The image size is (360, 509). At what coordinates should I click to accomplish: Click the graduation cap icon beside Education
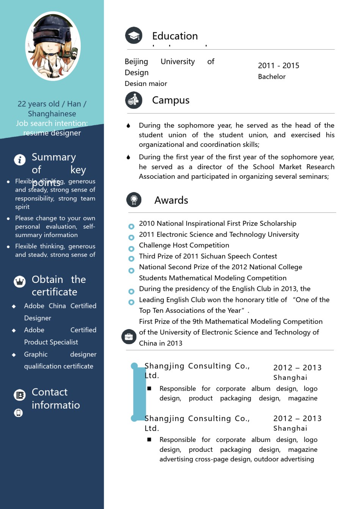coord(134,36)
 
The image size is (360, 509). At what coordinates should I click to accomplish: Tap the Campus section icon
coord(134,100)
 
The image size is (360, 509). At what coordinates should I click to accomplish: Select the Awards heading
coord(171,200)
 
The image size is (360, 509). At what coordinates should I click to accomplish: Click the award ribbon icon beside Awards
coord(134,200)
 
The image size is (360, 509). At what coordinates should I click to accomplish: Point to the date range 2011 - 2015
coord(279,66)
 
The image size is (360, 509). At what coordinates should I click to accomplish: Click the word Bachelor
coord(272,77)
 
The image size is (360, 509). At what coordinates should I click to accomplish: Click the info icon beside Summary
coord(20,159)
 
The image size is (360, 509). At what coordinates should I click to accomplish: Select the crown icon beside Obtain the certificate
coord(20,281)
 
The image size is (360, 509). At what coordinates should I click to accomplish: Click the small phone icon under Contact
coord(19,412)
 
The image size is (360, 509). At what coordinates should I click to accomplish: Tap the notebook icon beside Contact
coord(20,395)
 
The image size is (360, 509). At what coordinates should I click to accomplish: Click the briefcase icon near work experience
coord(129,336)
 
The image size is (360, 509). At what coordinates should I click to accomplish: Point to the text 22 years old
coord(38,104)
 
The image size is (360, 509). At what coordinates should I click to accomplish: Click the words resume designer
coord(52,133)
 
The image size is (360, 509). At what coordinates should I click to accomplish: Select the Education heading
coord(175,36)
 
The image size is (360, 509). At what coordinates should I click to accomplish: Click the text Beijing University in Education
coord(160,61)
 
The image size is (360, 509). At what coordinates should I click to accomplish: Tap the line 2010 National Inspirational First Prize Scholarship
coord(218,223)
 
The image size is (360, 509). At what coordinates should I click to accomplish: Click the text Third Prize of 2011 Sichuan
coord(208,256)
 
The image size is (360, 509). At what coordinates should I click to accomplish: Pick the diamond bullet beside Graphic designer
coord(14,355)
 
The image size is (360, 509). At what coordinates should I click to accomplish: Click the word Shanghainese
coord(52,114)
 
